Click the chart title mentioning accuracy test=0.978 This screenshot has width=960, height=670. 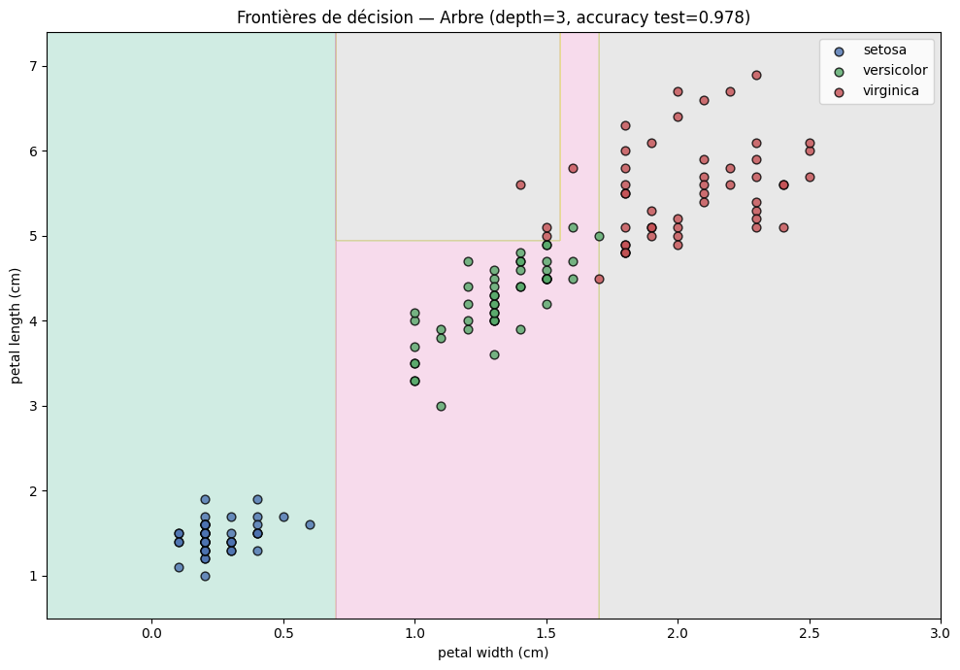[493, 17]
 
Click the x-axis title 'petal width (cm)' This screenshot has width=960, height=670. [493, 653]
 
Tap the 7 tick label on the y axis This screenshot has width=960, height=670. [32, 66]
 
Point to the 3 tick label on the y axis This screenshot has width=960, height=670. [32, 406]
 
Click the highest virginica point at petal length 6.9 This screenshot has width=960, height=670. [756, 75]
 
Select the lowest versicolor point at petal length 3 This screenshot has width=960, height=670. [441, 406]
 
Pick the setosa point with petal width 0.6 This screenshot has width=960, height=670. [310, 524]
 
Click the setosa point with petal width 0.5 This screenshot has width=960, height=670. [283, 517]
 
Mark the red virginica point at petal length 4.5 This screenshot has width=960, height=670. [599, 279]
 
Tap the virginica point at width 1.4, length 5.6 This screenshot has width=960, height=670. [520, 184]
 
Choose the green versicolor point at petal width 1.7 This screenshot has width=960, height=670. [599, 236]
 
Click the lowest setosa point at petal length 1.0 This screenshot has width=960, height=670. [205, 576]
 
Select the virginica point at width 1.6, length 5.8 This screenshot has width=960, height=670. [573, 168]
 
